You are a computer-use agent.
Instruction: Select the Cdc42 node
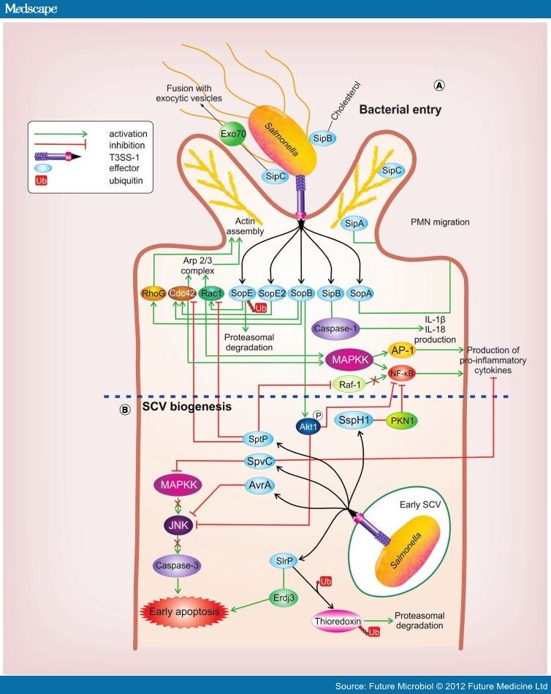pos(180,293)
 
